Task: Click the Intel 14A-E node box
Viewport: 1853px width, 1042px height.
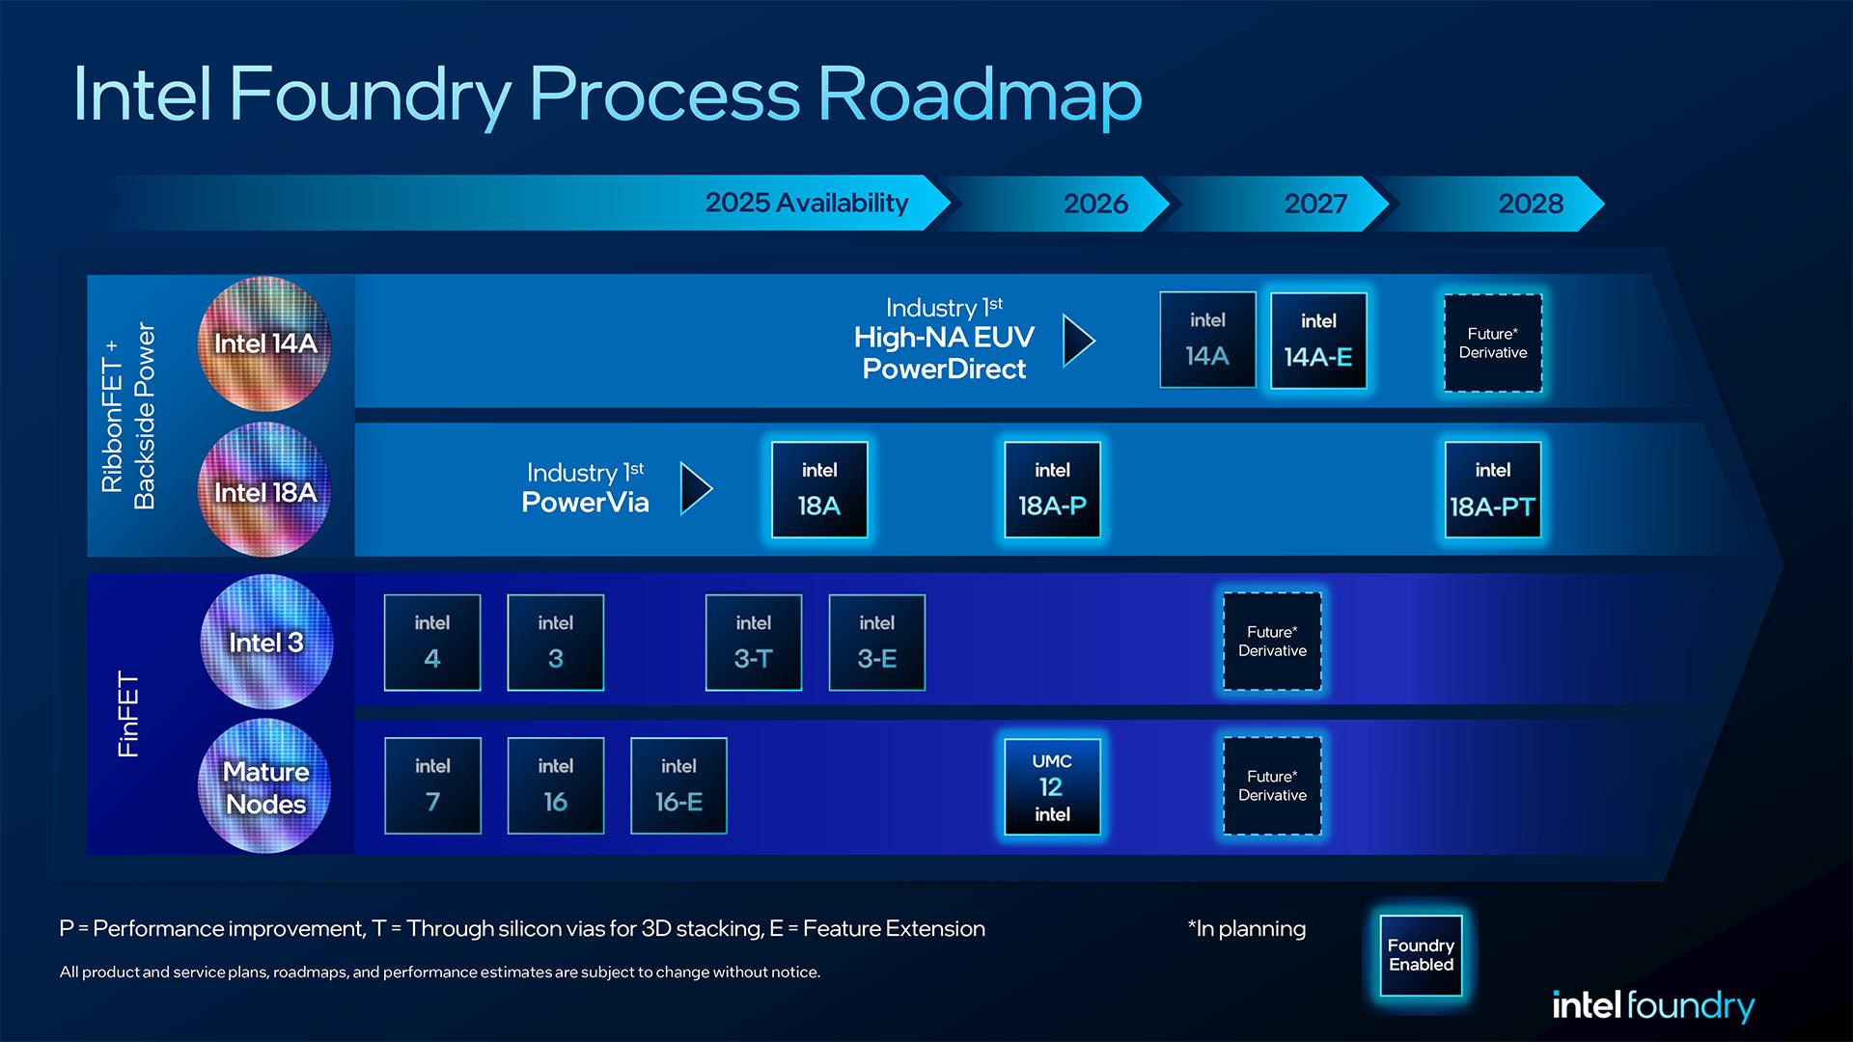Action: point(1318,341)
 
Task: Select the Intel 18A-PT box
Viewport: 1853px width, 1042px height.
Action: point(1492,490)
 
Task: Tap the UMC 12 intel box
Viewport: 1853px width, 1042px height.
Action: point(1052,786)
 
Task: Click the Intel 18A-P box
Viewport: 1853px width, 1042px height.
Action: point(1052,490)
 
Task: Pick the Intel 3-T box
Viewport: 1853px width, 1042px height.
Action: point(753,643)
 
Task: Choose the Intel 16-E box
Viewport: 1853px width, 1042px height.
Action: point(678,785)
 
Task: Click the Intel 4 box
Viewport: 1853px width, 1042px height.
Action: point(431,643)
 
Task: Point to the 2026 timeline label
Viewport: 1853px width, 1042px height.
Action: point(1095,204)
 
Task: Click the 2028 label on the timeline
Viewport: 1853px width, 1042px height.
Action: point(1531,204)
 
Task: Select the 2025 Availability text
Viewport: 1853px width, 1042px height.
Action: point(807,203)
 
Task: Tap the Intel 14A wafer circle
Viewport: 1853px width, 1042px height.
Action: point(264,343)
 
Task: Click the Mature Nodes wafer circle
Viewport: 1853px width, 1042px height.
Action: point(264,786)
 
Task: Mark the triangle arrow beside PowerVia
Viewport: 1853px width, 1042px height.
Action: point(696,488)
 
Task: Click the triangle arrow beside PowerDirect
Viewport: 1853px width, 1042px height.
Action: point(1078,341)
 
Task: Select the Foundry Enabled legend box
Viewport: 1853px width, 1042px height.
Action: point(1421,955)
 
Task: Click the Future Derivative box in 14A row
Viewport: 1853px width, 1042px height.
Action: point(1492,343)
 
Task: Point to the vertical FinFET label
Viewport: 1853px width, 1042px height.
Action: point(128,714)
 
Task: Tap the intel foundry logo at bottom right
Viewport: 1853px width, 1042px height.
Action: point(1652,1005)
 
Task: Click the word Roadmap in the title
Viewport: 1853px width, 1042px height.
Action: point(980,95)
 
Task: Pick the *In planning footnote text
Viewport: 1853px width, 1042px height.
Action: point(1246,928)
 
